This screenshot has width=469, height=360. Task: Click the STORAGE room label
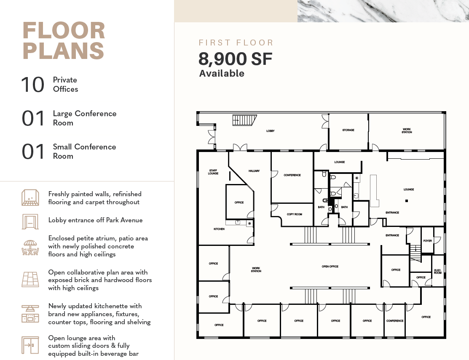[348, 130]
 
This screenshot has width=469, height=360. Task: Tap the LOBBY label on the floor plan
[271, 131]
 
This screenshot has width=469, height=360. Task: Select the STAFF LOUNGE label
[213, 172]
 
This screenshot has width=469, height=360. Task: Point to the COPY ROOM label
[294, 214]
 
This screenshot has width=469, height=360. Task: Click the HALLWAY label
[254, 171]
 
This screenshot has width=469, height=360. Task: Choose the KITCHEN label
[219, 229]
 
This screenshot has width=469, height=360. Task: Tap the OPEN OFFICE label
[330, 266]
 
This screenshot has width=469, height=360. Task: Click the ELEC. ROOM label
[437, 271]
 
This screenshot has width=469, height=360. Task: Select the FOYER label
[427, 240]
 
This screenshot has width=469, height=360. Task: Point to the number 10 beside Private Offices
[32, 85]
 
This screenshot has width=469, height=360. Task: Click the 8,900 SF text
[236, 59]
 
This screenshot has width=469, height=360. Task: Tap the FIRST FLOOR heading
[236, 43]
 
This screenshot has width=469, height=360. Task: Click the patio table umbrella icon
[30, 248]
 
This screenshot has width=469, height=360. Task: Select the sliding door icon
[30, 345]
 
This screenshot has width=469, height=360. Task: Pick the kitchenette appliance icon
[30, 314]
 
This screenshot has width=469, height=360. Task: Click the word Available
[222, 73]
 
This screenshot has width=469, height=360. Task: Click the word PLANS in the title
[63, 51]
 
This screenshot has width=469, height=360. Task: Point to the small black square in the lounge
[407, 201]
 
